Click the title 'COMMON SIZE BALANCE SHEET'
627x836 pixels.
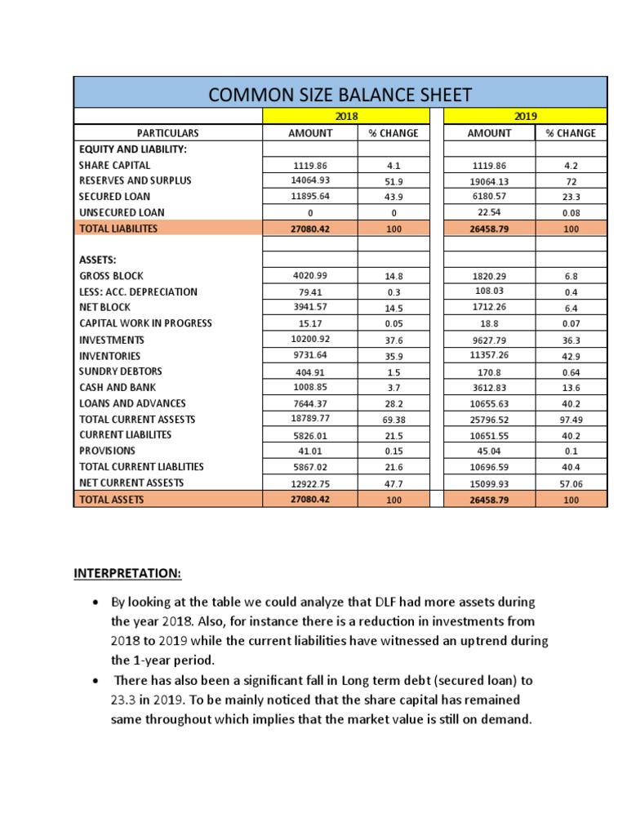coord(340,94)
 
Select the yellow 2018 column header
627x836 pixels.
coord(346,117)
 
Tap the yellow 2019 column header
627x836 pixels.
coord(525,117)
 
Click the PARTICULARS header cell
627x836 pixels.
coord(168,133)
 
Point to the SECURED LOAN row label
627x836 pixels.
coord(114,197)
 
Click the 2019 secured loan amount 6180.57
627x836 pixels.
coord(488,197)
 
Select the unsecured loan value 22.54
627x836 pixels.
coord(488,212)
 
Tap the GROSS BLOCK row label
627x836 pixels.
coord(110,276)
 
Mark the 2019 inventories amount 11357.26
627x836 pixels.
coord(488,356)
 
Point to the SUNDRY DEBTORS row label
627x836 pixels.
coord(117,371)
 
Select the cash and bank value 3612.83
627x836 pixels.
coord(488,388)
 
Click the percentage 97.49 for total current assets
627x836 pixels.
coord(571,420)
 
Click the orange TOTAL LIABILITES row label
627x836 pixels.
coord(118,229)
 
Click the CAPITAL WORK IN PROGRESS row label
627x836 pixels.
coord(145,323)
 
